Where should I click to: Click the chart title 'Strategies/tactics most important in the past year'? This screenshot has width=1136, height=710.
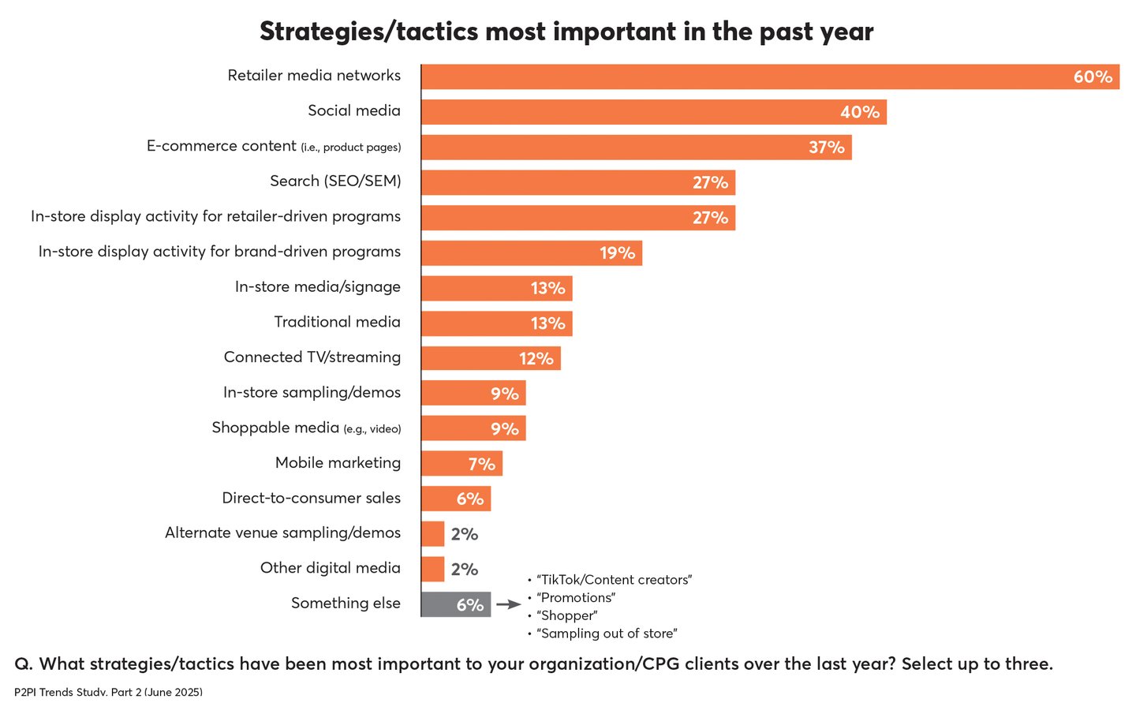(566, 32)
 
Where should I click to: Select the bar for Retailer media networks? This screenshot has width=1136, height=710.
(770, 77)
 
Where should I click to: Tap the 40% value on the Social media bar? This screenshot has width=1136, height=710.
(859, 112)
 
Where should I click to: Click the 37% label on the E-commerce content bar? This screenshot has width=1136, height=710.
(826, 148)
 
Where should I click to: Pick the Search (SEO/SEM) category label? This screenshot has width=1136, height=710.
(335, 181)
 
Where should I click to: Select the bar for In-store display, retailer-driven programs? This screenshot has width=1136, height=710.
(577, 218)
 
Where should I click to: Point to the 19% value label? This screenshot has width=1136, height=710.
(617, 253)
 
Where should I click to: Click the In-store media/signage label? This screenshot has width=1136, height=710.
(317, 287)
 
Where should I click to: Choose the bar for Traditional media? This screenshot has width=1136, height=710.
(496, 323)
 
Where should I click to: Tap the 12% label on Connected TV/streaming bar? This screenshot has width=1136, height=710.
(536, 359)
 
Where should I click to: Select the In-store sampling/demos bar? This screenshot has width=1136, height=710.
(473, 393)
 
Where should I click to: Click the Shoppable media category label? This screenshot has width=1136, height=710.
(306, 428)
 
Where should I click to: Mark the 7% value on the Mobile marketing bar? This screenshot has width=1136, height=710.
(481, 464)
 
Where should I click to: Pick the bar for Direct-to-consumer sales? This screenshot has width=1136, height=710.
(456, 499)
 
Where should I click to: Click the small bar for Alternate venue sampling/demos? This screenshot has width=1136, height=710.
(433, 534)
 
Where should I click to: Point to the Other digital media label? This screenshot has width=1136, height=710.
(330, 568)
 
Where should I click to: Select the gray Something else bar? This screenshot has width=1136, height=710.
(456, 605)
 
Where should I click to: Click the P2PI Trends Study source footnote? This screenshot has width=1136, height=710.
(108, 692)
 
